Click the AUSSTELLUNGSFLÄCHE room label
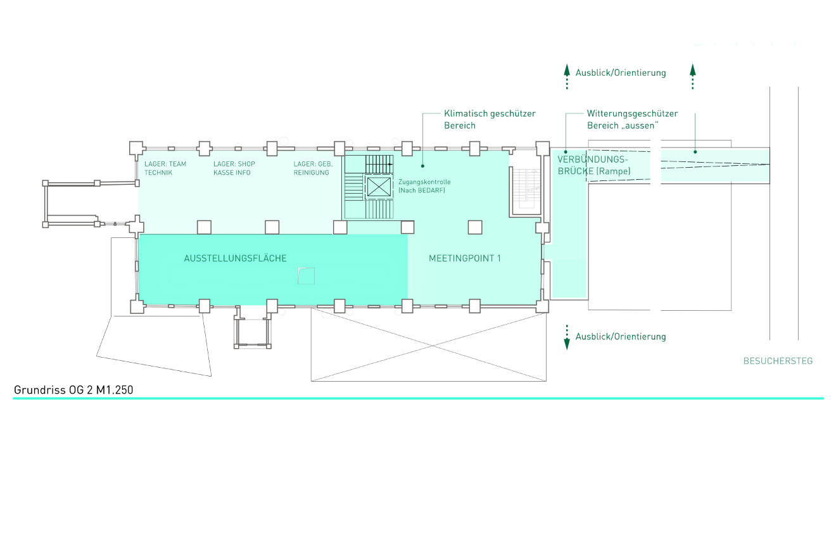coord(235,258)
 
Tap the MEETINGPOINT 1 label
coord(465,258)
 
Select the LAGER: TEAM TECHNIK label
coord(165,168)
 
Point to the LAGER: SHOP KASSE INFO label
coord(234,168)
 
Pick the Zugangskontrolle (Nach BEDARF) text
coord(424,186)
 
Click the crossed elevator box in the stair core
coord(379,187)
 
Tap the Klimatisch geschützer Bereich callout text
coord(490,120)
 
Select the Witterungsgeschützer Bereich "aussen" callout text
coord(631,120)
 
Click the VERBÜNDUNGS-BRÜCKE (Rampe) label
coord(594,165)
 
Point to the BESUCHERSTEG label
coord(778,361)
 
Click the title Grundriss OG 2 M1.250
coord(73,390)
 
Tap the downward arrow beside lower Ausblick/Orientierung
coord(567,337)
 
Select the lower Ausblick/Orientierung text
coord(621,337)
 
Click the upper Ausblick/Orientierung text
coord(621,73)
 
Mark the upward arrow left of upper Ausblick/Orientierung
coord(567,75)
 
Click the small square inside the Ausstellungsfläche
coord(307,275)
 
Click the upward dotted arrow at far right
coord(693,75)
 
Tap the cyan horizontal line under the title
coord(418,398)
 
